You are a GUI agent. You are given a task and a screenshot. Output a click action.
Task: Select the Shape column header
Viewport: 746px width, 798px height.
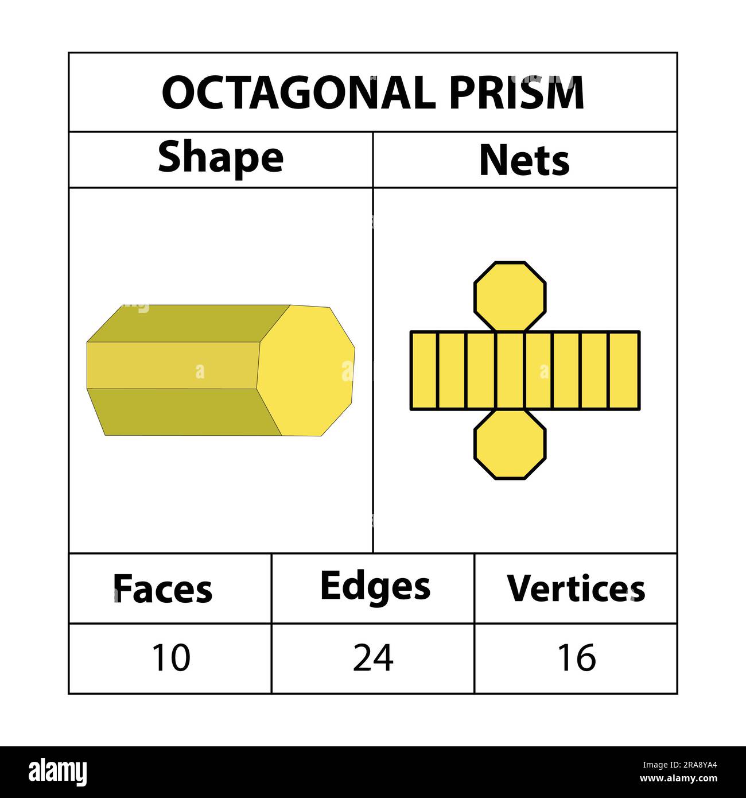tap(220, 158)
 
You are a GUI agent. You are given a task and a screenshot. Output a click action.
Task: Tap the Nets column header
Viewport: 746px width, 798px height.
tap(524, 161)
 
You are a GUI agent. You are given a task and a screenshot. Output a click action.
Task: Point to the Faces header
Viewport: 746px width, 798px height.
tap(163, 589)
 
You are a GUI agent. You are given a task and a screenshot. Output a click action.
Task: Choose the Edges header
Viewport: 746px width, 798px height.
tap(375, 587)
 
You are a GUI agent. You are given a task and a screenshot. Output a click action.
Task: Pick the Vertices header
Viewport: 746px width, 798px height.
tap(576, 589)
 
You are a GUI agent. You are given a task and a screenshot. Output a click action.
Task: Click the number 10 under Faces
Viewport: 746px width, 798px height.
tap(170, 658)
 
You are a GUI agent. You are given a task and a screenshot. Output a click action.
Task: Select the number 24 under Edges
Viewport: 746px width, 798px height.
tap(373, 658)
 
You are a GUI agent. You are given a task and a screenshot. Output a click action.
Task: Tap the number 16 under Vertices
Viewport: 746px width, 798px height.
tap(577, 658)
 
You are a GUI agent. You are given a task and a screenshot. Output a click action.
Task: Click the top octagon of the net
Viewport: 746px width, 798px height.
tap(510, 296)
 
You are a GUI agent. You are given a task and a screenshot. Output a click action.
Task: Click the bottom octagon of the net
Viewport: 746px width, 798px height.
tap(510, 444)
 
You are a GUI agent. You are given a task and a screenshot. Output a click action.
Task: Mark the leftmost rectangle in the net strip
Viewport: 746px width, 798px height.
tap(424, 371)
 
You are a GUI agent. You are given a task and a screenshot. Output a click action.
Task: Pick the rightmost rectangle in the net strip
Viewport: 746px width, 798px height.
tap(624, 371)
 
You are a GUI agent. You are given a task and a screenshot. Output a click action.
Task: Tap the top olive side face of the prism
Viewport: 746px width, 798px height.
tap(189, 324)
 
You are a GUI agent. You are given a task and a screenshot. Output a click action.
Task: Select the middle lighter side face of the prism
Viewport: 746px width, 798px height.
tap(172, 366)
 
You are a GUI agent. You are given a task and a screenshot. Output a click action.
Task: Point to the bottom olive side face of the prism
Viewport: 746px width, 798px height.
tap(184, 412)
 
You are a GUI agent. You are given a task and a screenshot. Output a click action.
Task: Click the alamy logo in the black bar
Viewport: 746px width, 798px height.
tap(58, 772)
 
